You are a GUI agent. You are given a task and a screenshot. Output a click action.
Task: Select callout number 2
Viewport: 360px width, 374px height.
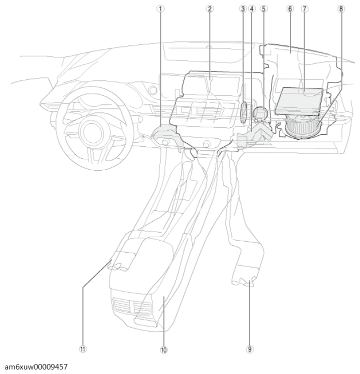(210, 8)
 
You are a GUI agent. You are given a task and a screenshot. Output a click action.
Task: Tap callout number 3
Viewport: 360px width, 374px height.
(242, 8)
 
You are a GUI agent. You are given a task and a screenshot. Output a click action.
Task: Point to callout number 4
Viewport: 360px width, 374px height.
(252, 8)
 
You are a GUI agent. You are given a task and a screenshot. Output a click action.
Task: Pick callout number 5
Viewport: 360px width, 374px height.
(263, 8)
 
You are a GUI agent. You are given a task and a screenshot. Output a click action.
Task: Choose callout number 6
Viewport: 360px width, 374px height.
(290, 8)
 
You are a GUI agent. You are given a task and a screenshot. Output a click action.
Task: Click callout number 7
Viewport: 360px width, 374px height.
(304, 8)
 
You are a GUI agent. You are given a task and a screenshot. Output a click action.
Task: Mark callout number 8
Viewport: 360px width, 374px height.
(341, 8)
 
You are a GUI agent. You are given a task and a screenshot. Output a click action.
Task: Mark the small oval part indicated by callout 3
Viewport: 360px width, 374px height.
(243, 113)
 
